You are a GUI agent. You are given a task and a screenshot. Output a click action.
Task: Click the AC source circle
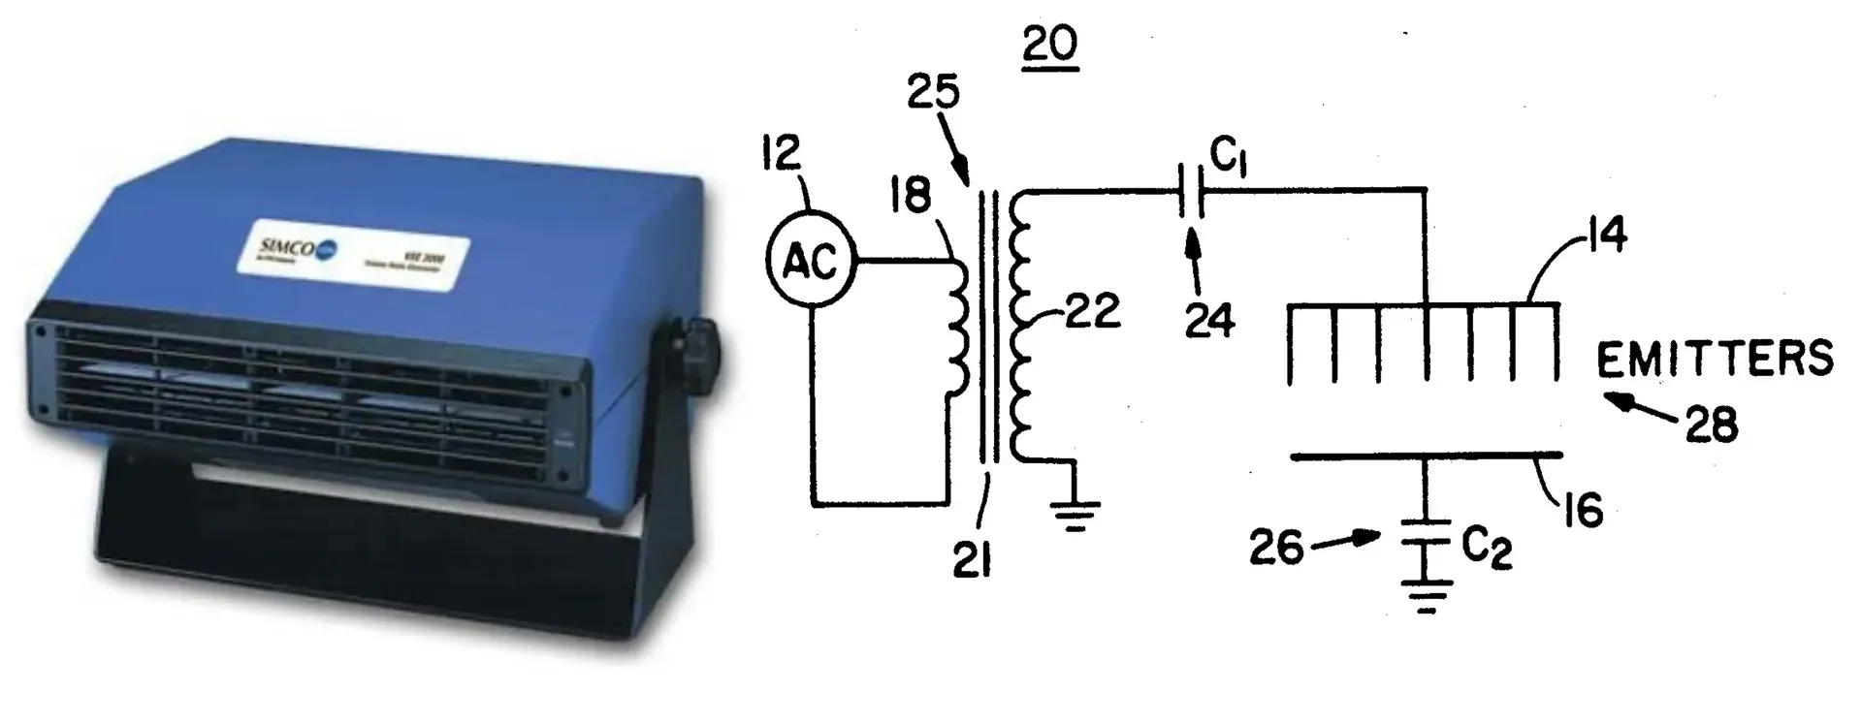point(811,260)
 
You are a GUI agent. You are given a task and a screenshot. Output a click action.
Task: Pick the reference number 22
point(1093,312)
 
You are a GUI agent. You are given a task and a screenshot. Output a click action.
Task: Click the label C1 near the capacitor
point(1229,157)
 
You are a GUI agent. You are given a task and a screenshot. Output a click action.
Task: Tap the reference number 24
point(1210,321)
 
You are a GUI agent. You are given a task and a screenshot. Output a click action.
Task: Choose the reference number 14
point(1607,236)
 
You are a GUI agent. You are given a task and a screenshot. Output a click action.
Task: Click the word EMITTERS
point(1715,360)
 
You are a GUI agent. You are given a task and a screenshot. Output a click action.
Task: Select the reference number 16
point(1584,511)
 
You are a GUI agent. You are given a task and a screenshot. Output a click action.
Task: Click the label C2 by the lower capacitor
point(1487,550)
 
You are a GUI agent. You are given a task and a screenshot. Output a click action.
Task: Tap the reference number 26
point(1276,549)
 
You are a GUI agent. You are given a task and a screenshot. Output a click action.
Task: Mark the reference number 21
point(971,558)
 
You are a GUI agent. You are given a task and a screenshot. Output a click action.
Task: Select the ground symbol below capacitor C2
point(1425,595)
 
